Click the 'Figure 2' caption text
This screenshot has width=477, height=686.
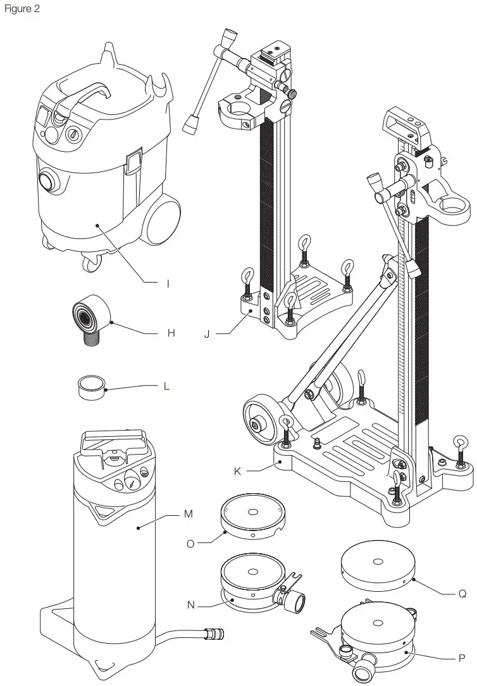[x=22, y=9]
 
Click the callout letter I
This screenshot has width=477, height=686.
[x=168, y=284]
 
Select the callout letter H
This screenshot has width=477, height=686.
[x=171, y=333]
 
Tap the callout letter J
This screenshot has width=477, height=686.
[x=207, y=334]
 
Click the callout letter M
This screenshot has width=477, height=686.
[x=187, y=515]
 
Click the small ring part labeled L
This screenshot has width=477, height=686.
[x=90, y=386]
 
